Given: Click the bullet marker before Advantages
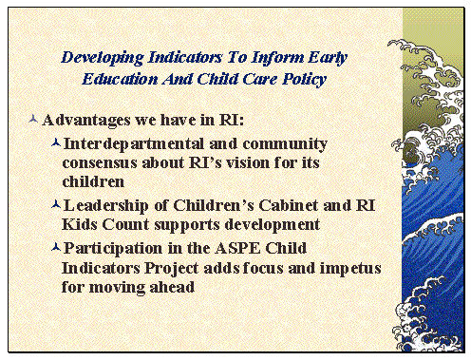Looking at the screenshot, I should point(34,121).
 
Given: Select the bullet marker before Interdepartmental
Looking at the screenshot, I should point(56,142).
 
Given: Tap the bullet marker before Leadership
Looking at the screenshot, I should point(56,205).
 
